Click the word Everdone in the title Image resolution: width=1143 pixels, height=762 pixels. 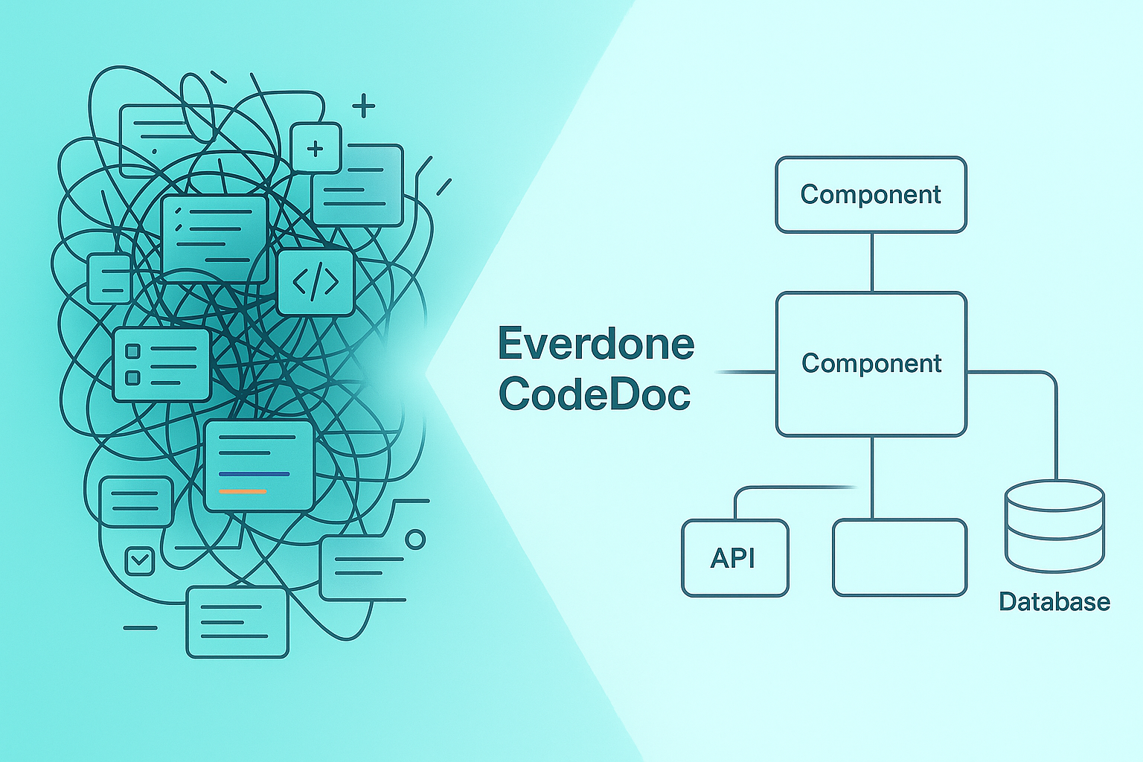(595, 344)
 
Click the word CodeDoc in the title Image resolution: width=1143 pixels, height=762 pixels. (595, 394)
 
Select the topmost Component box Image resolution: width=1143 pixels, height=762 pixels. (871, 194)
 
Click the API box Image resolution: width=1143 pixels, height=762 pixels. (734, 557)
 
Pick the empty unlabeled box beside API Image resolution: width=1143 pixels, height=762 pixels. (900, 557)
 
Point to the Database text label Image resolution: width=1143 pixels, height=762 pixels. (1054, 601)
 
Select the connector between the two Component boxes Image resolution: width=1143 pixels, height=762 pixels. (871, 262)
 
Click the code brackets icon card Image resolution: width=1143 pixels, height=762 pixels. (316, 283)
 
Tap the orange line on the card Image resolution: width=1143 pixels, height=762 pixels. (243, 492)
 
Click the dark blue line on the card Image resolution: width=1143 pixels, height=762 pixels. (254, 474)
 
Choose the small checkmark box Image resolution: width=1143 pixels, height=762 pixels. (139, 560)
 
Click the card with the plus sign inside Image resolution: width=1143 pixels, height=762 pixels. (316, 148)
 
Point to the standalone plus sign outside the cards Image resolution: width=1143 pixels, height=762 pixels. (363, 106)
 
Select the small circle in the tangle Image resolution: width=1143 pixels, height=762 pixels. (415, 539)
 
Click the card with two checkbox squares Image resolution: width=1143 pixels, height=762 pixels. (161, 364)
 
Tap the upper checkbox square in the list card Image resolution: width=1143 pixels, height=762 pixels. (133, 350)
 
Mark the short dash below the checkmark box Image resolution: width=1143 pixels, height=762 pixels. (140, 628)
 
